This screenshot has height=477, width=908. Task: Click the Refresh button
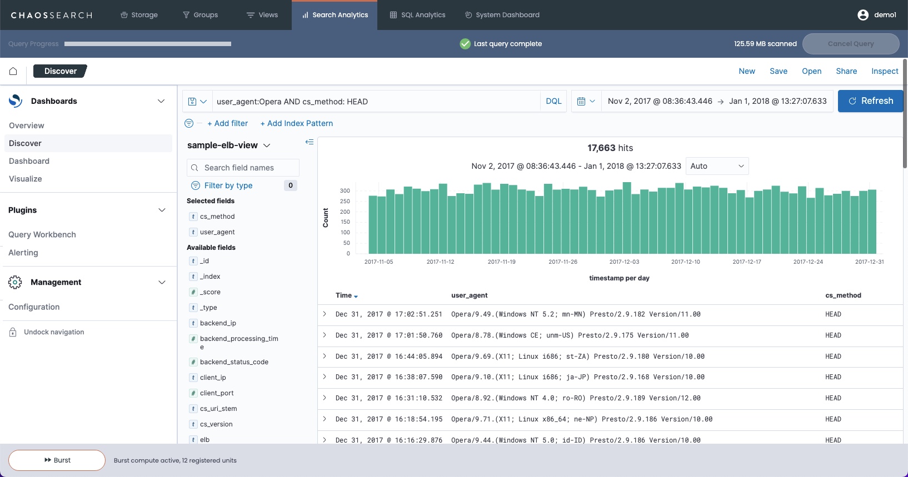[x=870, y=101]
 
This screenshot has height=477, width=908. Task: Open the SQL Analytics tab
[x=418, y=15]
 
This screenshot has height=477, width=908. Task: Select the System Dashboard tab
[x=502, y=15]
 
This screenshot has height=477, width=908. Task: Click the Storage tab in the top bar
[x=139, y=15]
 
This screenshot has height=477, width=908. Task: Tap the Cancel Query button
[x=850, y=44]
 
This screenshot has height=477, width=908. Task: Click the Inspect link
[x=884, y=71]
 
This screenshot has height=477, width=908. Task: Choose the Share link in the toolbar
[x=846, y=71]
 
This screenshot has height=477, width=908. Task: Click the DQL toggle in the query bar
[x=553, y=101]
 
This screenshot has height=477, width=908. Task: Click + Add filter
[x=228, y=123]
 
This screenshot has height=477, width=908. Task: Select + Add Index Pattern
[x=297, y=123]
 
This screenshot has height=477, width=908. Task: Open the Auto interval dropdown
[x=717, y=166]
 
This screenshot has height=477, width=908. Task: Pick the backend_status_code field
[x=234, y=362]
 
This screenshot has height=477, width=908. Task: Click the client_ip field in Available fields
[x=213, y=378]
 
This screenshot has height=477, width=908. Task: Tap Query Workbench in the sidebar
[x=42, y=234]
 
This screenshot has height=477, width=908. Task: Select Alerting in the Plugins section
[x=23, y=253]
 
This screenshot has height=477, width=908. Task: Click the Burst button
[x=57, y=460]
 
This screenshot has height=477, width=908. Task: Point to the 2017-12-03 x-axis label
[x=624, y=262]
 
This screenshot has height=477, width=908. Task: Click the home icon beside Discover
[x=13, y=71]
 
